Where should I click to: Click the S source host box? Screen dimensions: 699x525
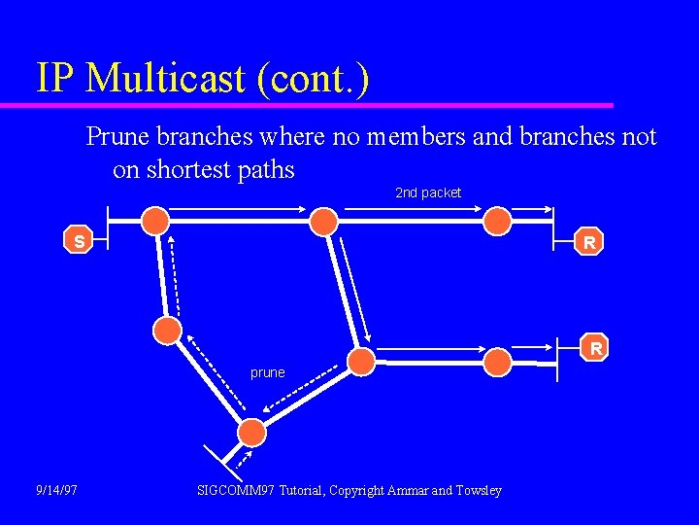coord(78,239)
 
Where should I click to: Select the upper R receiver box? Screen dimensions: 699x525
coord(588,242)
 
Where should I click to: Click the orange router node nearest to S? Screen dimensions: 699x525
coord(155,221)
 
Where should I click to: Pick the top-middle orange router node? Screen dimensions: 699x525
coord(323,221)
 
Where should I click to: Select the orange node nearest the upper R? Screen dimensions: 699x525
coord(498,221)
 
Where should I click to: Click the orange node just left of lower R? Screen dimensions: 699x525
coord(498,362)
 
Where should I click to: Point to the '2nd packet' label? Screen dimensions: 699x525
coord(428,192)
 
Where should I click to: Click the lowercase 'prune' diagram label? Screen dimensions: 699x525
coord(268,371)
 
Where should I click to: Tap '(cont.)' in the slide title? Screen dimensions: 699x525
coord(314,78)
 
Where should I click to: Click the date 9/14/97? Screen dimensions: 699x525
coord(56,490)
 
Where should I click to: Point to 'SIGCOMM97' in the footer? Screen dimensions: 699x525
coord(235,490)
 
